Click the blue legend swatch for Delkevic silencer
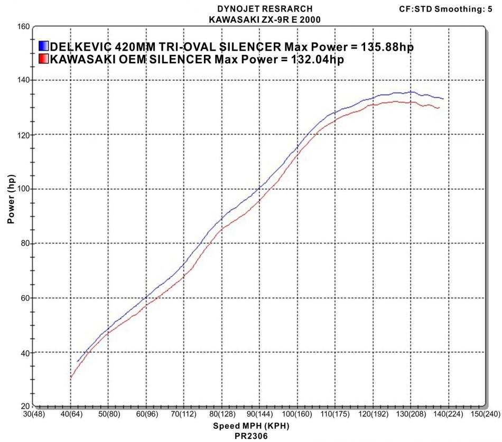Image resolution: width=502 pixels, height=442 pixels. (x=44, y=46)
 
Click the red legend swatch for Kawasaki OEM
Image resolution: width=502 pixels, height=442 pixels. (x=44, y=59)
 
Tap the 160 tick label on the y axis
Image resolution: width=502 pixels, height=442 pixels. (x=22, y=26)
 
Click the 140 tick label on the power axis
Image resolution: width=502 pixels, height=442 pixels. (x=22, y=80)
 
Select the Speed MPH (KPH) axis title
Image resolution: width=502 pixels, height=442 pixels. (x=251, y=426)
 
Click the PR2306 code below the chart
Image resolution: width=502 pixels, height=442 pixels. (x=251, y=437)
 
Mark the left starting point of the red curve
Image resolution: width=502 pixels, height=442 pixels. (x=70, y=377)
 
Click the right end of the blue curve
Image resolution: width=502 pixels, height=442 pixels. (x=443, y=99)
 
